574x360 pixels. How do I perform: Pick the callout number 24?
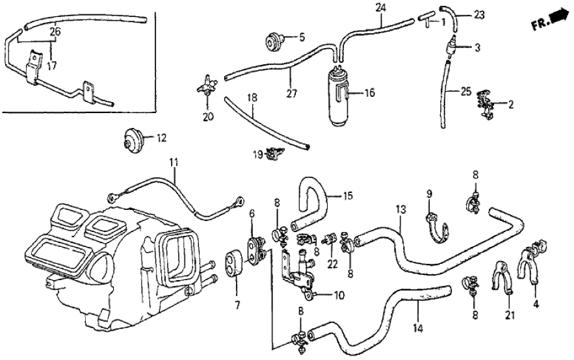click(380, 8)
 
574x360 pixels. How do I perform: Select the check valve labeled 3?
click(448, 47)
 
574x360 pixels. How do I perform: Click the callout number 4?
click(535, 303)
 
